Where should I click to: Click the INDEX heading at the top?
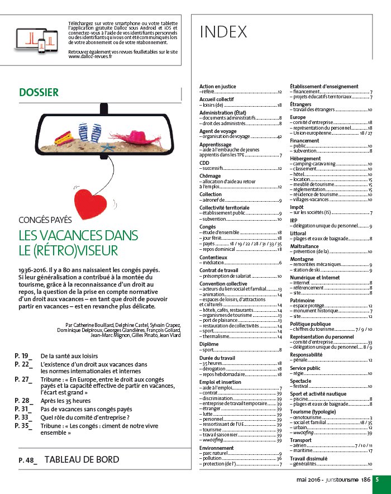223,32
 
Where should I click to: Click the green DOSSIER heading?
39,92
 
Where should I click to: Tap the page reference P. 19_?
23,355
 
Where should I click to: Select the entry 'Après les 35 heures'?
65,401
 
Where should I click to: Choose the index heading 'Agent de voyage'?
218,131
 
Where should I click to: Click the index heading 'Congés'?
207,227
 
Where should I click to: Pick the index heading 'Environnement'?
216,448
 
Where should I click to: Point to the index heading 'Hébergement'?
305,158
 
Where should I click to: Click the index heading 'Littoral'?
298,234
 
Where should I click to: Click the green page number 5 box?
378,479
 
